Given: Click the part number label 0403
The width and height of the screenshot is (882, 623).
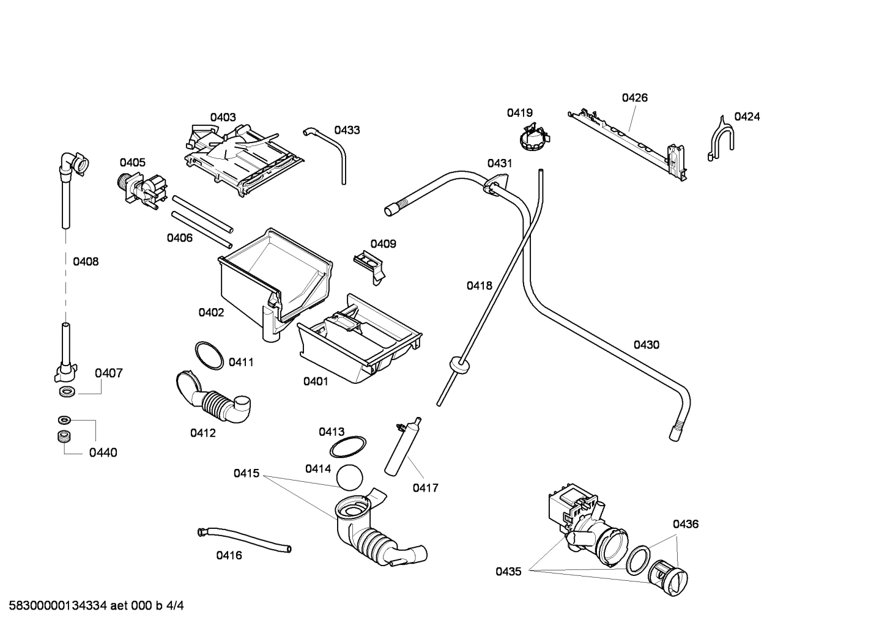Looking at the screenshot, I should click(223, 117).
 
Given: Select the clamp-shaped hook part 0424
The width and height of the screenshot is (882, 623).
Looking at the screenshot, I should click(721, 138).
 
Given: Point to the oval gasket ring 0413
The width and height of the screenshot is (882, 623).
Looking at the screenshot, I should click(348, 447).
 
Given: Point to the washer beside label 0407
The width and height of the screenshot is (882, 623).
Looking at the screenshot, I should click(67, 390).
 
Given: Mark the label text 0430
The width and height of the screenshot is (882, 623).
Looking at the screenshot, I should click(646, 345).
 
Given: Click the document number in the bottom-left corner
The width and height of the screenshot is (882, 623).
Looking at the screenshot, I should click(92, 606).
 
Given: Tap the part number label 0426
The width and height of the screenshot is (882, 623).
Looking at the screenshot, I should click(634, 98).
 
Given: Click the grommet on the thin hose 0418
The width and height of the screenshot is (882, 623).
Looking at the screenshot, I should click(459, 364).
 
